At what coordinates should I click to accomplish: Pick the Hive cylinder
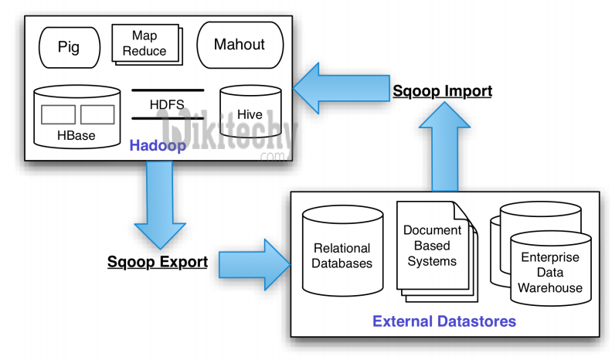(249, 114)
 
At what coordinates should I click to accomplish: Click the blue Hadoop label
(158, 145)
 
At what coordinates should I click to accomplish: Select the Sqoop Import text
(442, 91)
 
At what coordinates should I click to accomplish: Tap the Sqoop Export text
(157, 262)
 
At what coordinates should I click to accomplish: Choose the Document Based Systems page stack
(433, 247)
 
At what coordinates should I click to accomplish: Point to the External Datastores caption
(443, 320)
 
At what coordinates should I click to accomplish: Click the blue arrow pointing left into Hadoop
(340, 90)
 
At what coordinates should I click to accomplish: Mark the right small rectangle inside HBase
(97, 114)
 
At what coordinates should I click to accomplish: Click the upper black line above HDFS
(168, 90)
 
